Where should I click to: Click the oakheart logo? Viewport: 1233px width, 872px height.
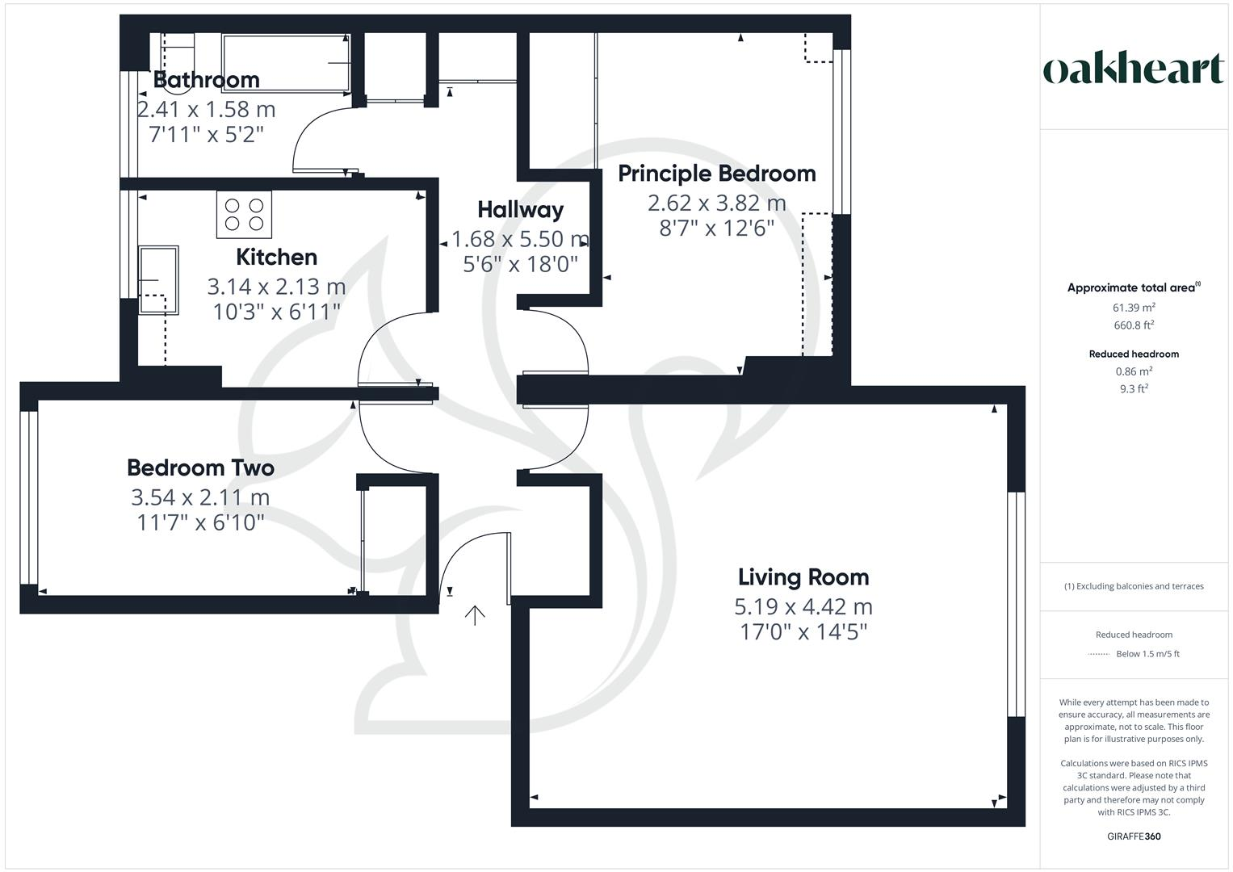click(1133, 69)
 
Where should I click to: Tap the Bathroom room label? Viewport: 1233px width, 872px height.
click(206, 80)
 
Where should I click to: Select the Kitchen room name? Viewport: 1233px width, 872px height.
click(276, 258)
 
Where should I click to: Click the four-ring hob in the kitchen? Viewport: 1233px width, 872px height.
click(244, 214)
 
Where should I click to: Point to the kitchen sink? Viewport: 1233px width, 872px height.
click(157, 279)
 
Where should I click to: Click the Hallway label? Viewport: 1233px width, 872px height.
click(520, 210)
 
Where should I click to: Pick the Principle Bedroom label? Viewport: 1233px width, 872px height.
click(716, 174)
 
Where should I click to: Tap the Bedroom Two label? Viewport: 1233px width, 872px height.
click(200, 468)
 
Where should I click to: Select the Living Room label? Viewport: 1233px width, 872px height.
click(803, 577)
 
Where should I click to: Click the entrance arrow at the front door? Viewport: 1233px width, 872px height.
click(475, 616)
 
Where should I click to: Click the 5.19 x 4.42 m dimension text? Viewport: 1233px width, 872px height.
click(803, 606)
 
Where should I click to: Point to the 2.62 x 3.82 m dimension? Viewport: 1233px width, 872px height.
click(716, 203)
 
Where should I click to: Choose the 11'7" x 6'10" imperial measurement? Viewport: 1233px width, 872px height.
click(201, 523)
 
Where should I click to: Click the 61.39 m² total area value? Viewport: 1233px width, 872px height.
click(1133, 308)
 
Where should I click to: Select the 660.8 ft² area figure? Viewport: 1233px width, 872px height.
click(1133, 325)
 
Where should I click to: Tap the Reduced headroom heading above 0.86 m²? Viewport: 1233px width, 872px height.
click(1133, 354)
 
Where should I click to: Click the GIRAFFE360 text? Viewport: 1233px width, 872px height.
click(1133, 836)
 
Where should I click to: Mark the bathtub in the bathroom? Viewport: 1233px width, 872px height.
click(286, 62)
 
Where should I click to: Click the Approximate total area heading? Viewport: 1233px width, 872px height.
click(1133, 287)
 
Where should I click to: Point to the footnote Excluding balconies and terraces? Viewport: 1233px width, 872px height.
click(1133, 586)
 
